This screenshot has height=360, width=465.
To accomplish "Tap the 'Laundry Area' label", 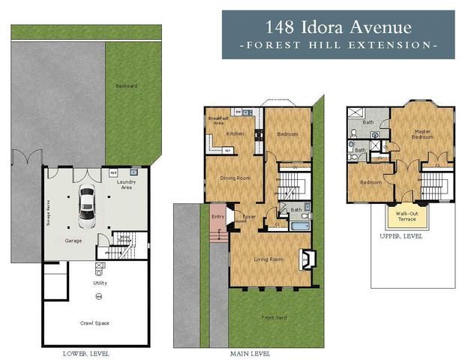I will point(126,184).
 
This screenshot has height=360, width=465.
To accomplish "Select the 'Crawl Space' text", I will point(96,322).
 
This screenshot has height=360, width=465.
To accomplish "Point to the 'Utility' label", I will point(100,283).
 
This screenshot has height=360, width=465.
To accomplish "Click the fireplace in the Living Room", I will point(306,259).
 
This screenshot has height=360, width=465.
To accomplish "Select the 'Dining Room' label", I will point(234,178).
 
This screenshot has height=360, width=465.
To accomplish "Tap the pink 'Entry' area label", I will point(217,217).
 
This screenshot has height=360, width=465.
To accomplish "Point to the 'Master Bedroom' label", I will point(422,134).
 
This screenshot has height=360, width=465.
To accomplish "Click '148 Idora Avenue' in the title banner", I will point(338,28).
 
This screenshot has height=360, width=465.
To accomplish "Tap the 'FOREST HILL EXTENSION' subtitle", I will point(338,46).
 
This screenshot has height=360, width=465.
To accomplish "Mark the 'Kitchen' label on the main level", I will point(235,133).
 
